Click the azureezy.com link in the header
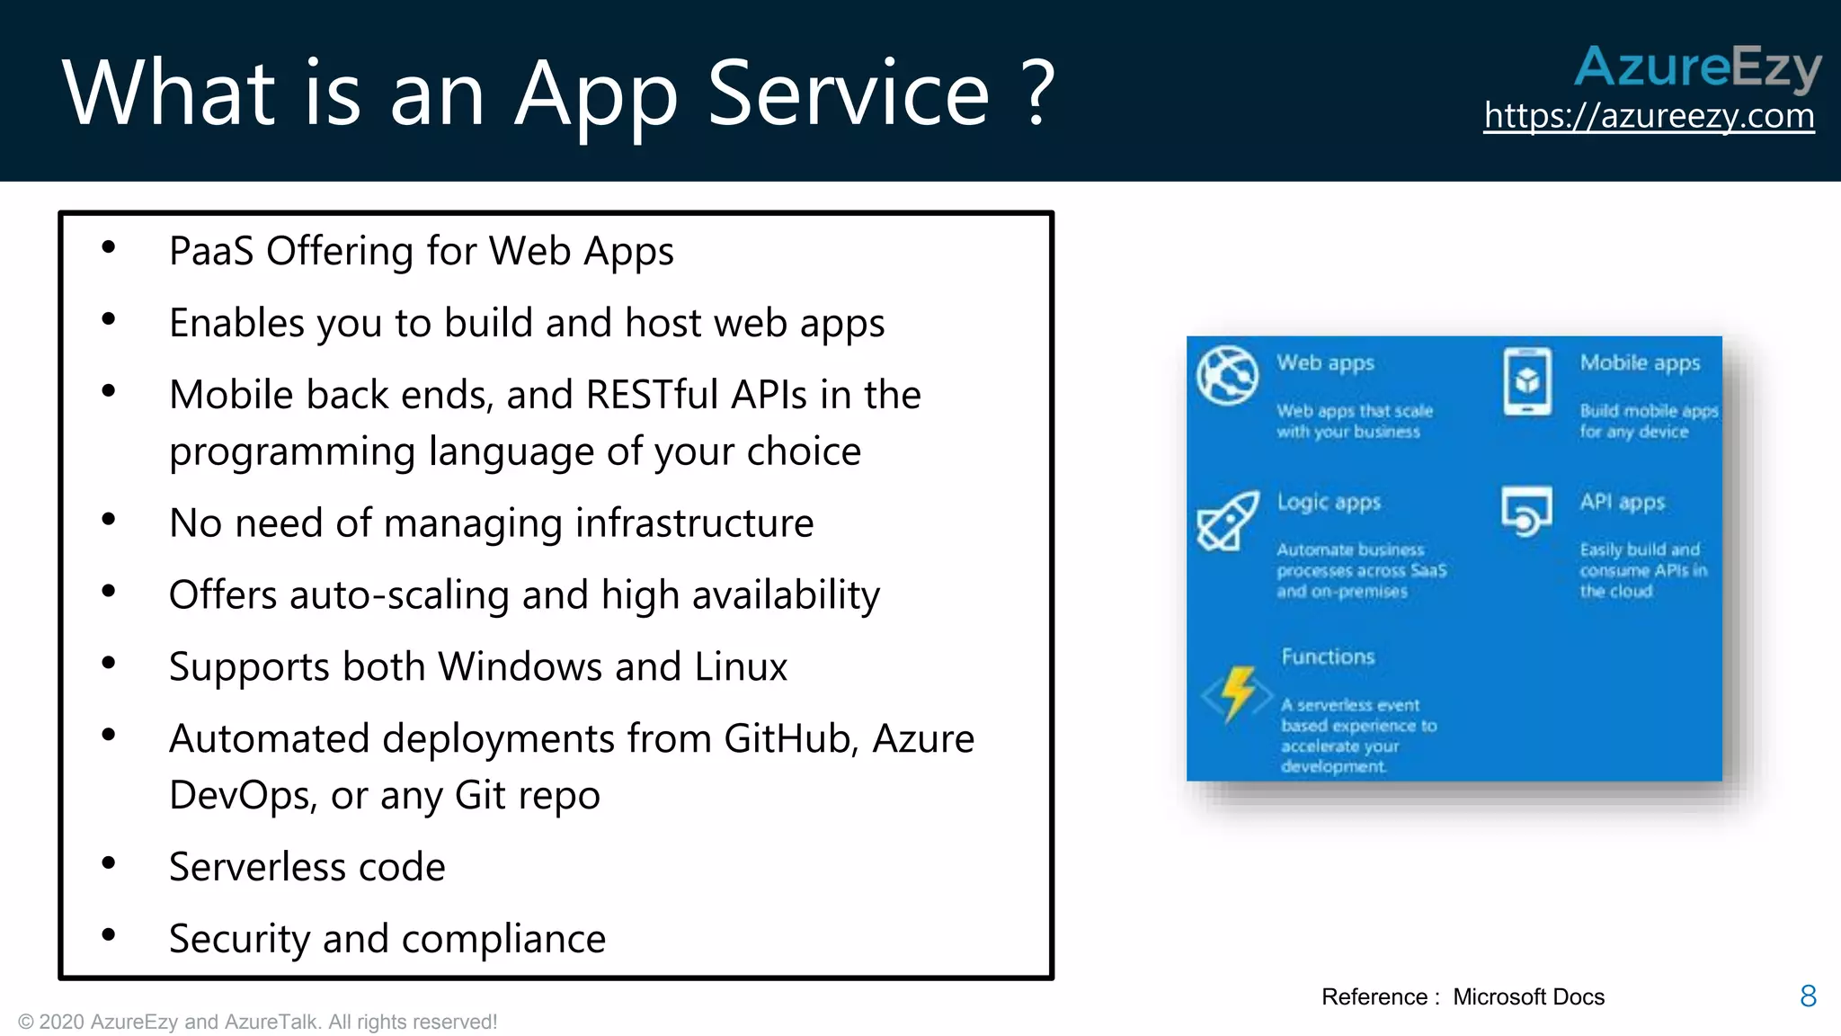(1649, 116)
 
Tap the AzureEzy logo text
(1697, 67)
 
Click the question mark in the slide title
(1038, 93)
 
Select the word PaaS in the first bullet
(211, 251)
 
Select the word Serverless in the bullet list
(253, 867)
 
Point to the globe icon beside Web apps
(1226, 375)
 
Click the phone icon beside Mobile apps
(1526, 381)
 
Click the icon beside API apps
(1525, 511)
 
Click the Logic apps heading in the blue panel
(1329, 502)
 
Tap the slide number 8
(1809, 996)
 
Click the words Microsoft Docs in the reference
(1528, 996)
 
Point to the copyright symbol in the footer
(26, 1023)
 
